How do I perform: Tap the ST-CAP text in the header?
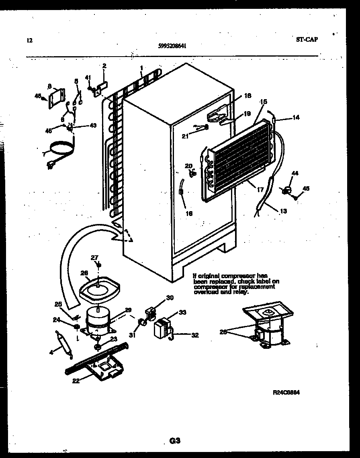point(307,39)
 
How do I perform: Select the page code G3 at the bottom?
point(174,441)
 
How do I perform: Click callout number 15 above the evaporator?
point(263,102)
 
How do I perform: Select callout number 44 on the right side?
point(295,173)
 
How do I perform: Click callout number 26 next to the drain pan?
point(84,273)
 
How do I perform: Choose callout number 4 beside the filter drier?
point(51,353)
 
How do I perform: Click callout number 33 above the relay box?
point(182,312)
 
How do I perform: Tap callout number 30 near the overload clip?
point(170,297)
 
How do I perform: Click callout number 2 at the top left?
point(104,65)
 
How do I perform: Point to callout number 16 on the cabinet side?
point(188,214)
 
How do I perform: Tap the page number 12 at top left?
point(29,40)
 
